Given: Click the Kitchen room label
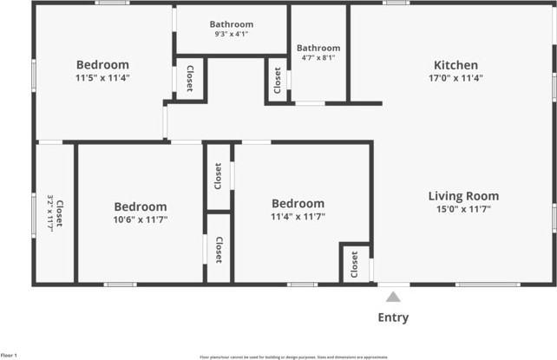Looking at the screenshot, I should pyautogui.click(x=455, y=65).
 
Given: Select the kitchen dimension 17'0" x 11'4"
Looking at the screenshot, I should pyautogui.click(x=455, y=78).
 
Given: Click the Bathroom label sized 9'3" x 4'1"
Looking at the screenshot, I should pyautogui.click(x=232, y=24).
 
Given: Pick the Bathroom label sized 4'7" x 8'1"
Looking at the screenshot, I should pyautogui.click(x=318, y=48).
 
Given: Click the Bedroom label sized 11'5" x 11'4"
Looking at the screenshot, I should pyautogui.click(x=102, y=64).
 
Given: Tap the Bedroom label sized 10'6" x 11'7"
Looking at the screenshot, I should pyautogui.click(x=141, y=206).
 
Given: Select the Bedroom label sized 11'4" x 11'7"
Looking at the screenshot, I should pyautogui.click(x=298, y=204).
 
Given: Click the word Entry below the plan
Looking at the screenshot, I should pyautogui.click(x=393, y=317).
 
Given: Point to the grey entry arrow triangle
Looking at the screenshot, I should pyautogui.click(x=393, y=297).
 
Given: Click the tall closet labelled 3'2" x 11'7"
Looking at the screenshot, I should pyautogui.click(x=55, y=213).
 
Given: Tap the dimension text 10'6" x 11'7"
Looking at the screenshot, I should pyautogui.click(x=141, y=220).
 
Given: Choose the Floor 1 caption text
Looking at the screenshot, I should pyautogui.click(x=9, y=356).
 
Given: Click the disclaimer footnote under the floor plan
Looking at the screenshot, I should pyautogui.click(x=293, y=357).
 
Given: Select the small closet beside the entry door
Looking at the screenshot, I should pyautogui.click(x=354, y=265).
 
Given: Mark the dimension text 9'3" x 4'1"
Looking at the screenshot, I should pyautogui.click(x=232, y=35).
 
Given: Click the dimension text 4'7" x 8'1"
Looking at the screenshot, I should pyautogui.click(x=318, y=58).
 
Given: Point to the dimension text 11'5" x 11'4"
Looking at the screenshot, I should pyautogui.click(x=102, y=78).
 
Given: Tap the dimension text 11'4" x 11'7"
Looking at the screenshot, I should pyautogui.click(x=298, y=217).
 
